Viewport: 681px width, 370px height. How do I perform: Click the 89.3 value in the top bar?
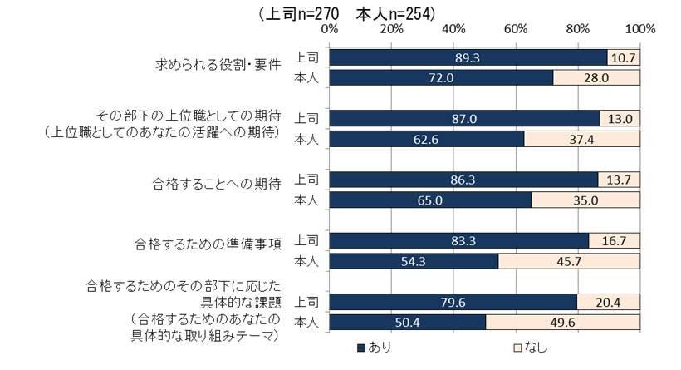click(x=468, y=57)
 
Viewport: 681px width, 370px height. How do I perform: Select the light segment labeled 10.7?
click(x=624, y=57)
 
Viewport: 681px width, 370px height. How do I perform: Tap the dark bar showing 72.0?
click(x=442, y=77)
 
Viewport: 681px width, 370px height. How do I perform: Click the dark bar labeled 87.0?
click(x=464, y=118)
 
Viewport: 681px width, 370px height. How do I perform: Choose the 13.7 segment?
click(x=620, y=179)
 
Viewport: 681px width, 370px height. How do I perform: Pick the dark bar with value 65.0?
click(x=430, y=199)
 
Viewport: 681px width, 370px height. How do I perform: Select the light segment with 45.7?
click(x=570, y=260)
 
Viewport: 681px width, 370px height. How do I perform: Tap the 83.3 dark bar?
click(x=458, y=240)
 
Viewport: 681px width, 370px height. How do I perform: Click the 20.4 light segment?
click(x=609, y=301)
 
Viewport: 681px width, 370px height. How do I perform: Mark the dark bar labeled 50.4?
click(x=408, y=321)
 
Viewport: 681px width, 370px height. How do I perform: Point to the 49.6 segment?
click(x=563, y=321)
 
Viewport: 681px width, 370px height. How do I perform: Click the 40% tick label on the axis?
click(x=454, y=29)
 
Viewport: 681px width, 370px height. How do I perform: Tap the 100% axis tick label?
click(x=640, y=29)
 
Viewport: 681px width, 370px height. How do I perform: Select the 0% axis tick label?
click(x=330, y=29)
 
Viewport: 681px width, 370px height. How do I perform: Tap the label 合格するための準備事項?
click(x=210, y=244)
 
